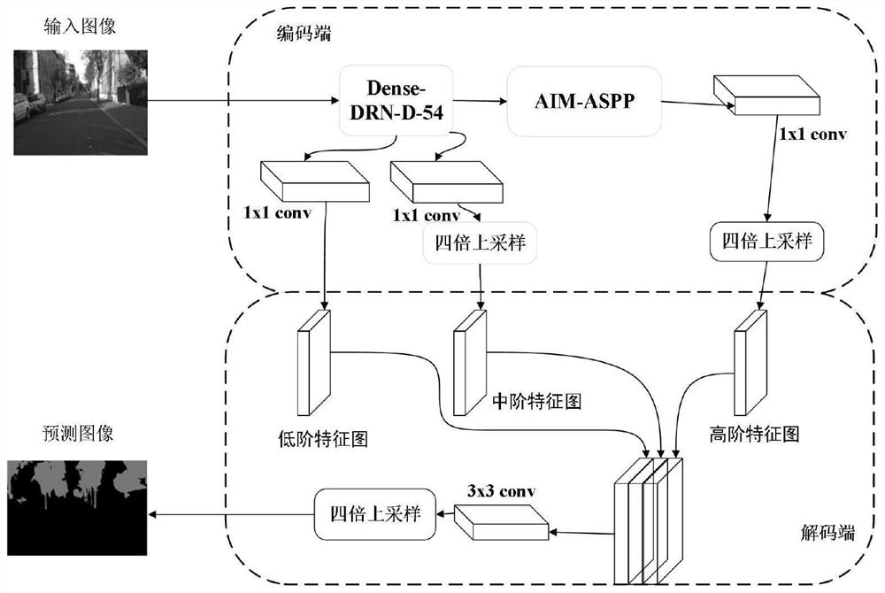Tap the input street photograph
pyautogui.click(x=79, y=101)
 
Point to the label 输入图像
pyautogui.click(x=80, y=27)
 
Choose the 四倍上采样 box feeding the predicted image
pyautogui.click(x=375, y=514)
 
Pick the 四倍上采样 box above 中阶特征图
pyautogui.click(x=480, y=243)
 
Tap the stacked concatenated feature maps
pyautogui.click(x=649, y=518)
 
